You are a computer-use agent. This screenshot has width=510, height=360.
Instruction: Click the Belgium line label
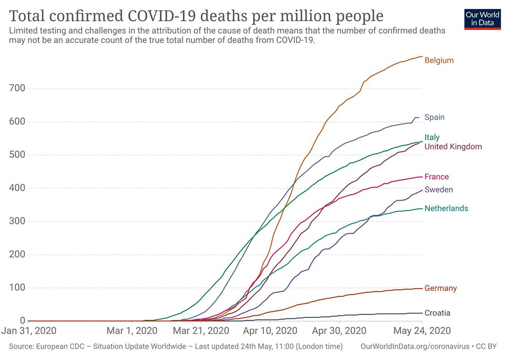(x=439, y=60)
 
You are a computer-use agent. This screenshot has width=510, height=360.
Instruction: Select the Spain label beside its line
(x=434, y=117)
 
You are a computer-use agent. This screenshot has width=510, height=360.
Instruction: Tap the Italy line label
(x=432, y=137)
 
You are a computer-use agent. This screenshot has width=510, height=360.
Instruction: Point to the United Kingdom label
(x=453, y=146)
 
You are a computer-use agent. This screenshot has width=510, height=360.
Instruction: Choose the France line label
(x=436, y=177)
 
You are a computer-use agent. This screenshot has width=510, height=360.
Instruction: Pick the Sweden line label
(x=438, y=190)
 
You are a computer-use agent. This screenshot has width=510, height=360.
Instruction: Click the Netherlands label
(x=446, y=208)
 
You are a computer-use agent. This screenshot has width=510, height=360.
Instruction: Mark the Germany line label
(x=440, y=288)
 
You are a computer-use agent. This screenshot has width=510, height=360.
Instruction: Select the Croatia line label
(x=437, y=313)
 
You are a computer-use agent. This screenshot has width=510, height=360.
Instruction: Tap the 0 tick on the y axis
(x=22, y=321)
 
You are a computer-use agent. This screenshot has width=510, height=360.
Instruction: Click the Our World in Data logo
(x=482, y=19)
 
